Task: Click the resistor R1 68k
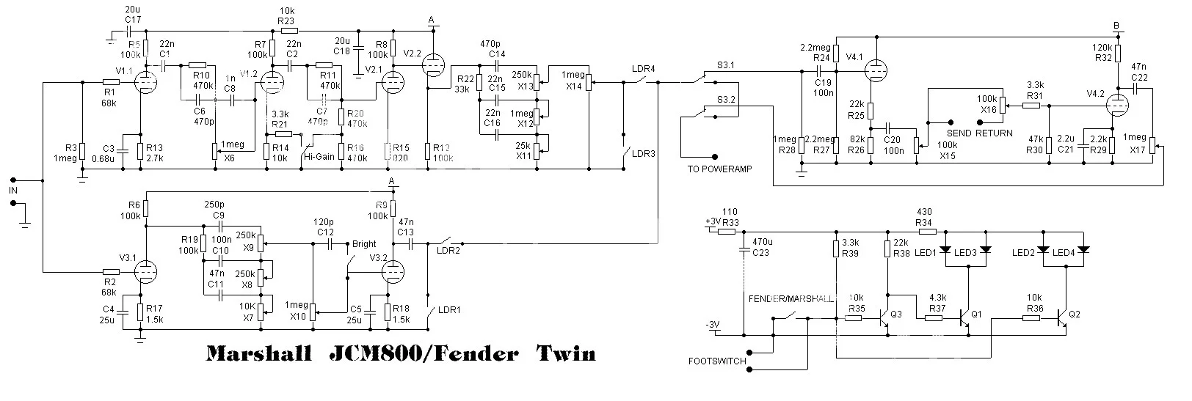tap(111, 81)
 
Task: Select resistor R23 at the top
tap(288, 31)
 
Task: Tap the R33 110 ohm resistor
tap(727, 231)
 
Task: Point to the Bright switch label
tap(364, 244)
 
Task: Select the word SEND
tap(959, 133)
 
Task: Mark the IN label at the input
tap(12, 190)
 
